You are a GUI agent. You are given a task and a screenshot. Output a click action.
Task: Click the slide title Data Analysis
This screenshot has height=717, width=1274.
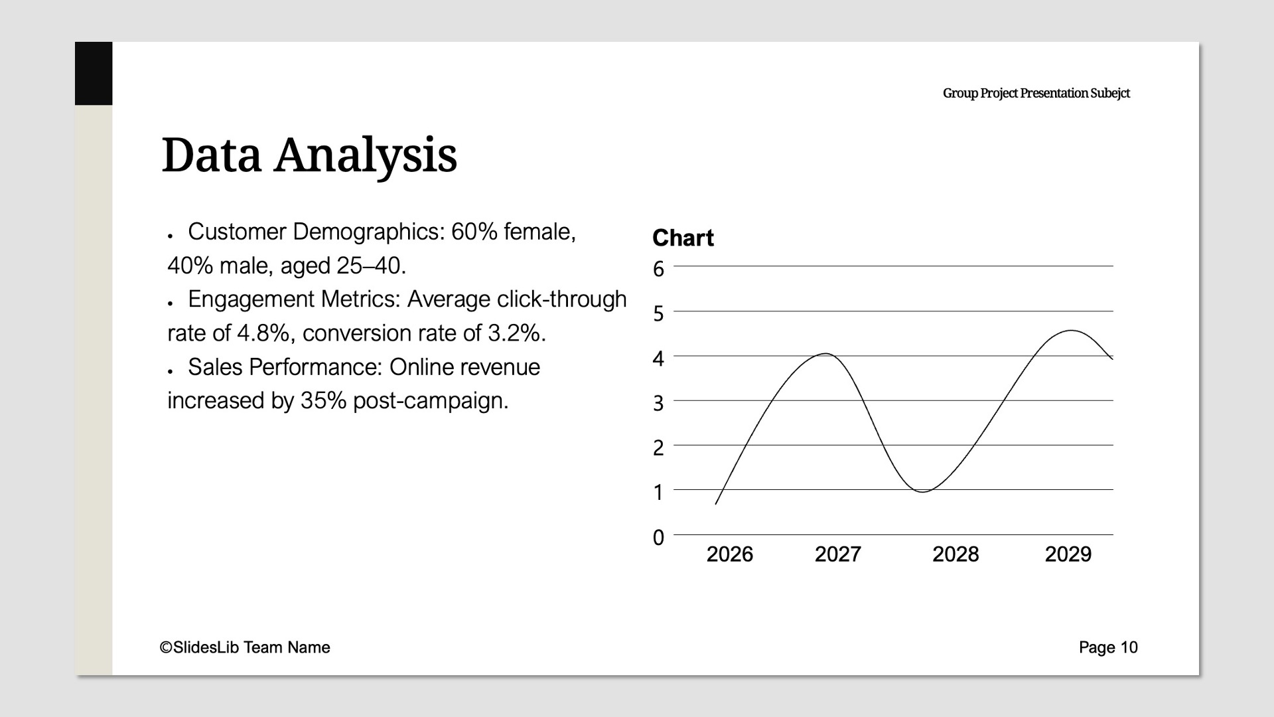[309, 156]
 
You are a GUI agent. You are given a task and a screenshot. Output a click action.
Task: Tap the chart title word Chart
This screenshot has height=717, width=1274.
[683, 238]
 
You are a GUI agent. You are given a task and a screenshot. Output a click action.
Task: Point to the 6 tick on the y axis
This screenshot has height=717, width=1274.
[658, 269]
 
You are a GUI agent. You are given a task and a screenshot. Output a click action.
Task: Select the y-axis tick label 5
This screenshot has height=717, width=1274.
[658, 313]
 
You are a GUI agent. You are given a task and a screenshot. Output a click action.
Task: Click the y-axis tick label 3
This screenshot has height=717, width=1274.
[658, 403]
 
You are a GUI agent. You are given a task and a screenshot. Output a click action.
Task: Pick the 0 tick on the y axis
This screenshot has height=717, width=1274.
[658, 537]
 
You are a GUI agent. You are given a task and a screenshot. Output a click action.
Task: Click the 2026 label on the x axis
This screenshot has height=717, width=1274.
[729, 554]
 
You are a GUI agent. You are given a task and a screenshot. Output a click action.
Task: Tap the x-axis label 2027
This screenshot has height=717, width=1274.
[837, 554]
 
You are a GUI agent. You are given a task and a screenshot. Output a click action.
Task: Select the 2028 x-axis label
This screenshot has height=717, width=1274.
[955, 554]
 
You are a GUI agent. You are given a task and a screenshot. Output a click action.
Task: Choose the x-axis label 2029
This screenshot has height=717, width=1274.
[1068, 554]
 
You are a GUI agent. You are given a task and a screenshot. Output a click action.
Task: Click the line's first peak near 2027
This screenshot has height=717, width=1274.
[825, 354]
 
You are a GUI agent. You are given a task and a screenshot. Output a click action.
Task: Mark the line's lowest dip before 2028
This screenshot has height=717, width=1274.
[923, 492]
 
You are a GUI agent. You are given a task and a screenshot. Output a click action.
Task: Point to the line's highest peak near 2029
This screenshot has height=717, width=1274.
[1071, 331]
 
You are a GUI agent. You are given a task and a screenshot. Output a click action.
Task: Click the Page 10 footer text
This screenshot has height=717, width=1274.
[1108, 647]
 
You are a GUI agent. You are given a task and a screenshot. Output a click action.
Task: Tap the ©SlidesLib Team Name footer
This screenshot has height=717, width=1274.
[245, 647]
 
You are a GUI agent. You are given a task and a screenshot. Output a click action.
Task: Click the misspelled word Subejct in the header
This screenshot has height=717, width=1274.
[1110, 94]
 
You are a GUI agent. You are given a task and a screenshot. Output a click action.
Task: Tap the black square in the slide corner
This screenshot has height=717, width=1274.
[94, 74]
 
